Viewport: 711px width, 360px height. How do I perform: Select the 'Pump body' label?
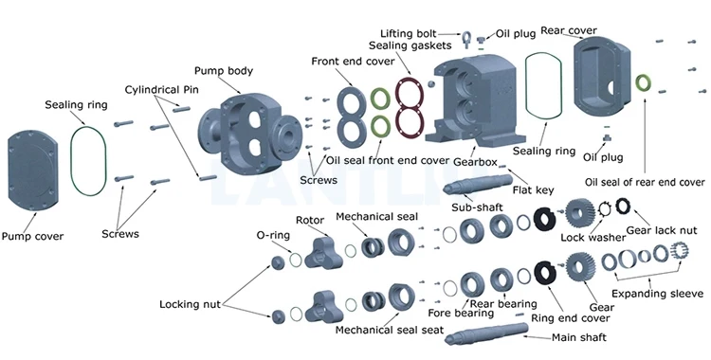tap(224, 71)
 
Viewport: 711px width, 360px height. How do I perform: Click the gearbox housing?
tap(475, 100)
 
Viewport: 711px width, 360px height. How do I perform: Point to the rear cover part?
tap(601, 78)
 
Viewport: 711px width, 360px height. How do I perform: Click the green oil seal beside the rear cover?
tap(643, 83)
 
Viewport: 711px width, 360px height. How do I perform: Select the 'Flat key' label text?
tap(533, 190)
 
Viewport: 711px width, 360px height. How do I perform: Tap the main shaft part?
tap(486, 333)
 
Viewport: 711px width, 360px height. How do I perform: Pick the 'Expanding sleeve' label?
tap(658, 294)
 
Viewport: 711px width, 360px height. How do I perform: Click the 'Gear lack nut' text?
tap(662, 230)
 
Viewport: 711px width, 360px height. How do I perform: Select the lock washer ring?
tap(605, 208)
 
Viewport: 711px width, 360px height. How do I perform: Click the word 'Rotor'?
tap(310, 221)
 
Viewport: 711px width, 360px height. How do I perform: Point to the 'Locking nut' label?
tap(190, 304)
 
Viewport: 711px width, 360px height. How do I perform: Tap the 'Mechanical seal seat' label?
tap(389, 330)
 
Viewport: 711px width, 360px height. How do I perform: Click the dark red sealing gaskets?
tap(410, 107)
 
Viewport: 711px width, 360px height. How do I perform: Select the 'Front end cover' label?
tap(353, 62)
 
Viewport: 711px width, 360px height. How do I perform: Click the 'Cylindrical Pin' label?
tap(161, 90)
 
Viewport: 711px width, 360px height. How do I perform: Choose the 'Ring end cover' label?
tap(571, 318)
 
